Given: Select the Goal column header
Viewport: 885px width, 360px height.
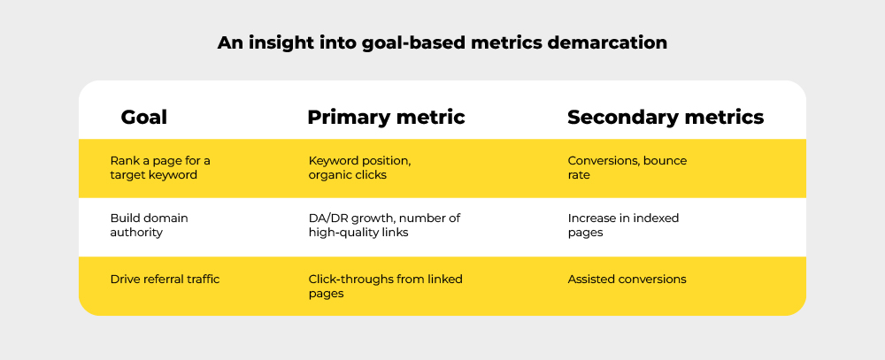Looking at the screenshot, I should (x=143, y=117).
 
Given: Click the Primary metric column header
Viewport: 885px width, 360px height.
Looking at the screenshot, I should (x=386, y=117).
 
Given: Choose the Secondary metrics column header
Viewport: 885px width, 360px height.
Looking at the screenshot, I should (x=665, y=117).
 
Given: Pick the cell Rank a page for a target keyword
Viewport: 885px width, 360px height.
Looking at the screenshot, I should (x=160, y=168).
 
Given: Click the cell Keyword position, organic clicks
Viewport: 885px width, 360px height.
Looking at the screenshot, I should (x=359, y=168).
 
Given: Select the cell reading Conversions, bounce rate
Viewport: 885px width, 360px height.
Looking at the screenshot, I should (x=627, y=168).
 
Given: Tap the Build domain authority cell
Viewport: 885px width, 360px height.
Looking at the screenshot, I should (x=149, y=225).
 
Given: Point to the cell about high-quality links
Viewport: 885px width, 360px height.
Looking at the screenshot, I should (x=384, y=225).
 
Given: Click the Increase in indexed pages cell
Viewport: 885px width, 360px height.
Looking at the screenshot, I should (x=623, y=225).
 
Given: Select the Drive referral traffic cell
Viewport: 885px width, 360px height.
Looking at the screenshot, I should (x=165, y=280).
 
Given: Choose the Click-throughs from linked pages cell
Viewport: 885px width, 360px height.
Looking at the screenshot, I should (x=385, y=286).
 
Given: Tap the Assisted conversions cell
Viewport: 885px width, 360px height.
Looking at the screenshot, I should (x=627, y=280).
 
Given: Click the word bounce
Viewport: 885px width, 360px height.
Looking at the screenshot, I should (x=665, y=161).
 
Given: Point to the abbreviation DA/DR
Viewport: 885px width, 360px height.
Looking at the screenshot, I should (x=326, y=218).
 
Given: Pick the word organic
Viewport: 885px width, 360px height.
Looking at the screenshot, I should (x=330, y=175).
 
